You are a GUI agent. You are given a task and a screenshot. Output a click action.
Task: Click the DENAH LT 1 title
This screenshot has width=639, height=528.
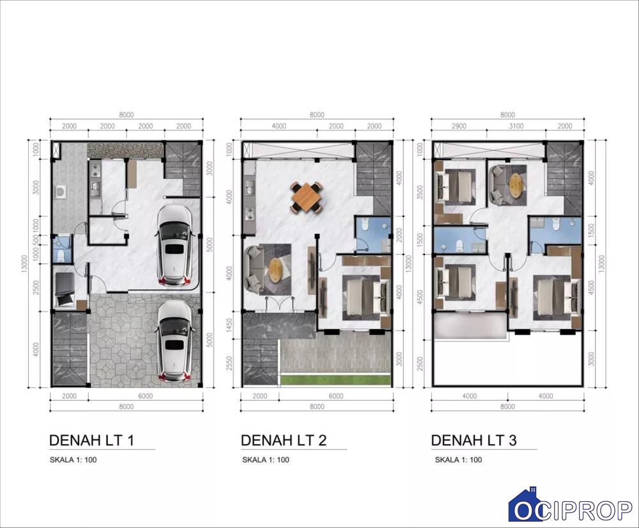pyautogui.click(x=91, y=440)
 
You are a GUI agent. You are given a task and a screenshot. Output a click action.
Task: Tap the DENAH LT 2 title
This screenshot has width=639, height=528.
pyautogui.click(x=284, y=440)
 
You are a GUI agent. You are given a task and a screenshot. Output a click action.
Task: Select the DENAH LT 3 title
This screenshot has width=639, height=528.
pyautogui.click(x=474, y=440)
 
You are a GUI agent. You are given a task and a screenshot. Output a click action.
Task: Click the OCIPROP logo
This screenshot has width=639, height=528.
pyautogui.click(x=571, y=505)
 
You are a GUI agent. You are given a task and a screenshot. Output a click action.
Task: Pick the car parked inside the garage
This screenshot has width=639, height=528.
pyautogui.click(x=175, y=246)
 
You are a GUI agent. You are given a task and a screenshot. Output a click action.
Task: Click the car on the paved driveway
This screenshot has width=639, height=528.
pyautogui.click(x=174, y=341)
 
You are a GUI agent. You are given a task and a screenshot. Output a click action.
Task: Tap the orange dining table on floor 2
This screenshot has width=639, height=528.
pyautogui.click(x=307, y=198)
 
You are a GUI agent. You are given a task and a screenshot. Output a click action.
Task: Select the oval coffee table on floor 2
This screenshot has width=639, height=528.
pyautogui.click(x=276, y=270)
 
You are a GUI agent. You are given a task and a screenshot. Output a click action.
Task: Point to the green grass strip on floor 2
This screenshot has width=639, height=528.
pyautogui.click(x=335, y=380)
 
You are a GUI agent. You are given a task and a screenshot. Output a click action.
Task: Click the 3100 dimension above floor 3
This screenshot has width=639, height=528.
pyautogui.click(x=516, y=126)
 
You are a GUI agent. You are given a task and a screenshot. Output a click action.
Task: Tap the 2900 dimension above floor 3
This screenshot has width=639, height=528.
pyautogui.click(x=459, y=126)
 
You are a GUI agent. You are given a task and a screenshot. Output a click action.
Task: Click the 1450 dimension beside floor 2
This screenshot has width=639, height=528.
pyautogui.click(x=229, y=325)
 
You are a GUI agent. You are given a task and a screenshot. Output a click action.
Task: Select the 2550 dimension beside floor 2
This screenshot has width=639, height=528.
pyautogui.click(x=229, y=363)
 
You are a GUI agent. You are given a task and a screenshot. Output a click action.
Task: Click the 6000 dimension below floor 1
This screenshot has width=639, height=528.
pyautogui.click(x=146, y=396)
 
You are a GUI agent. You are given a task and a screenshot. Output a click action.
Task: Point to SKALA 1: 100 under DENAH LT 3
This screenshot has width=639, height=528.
pyautogui.click(x=458, y=460)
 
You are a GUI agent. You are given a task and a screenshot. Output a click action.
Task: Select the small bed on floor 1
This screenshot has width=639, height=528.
pyautogui.click(x=65, y=289)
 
